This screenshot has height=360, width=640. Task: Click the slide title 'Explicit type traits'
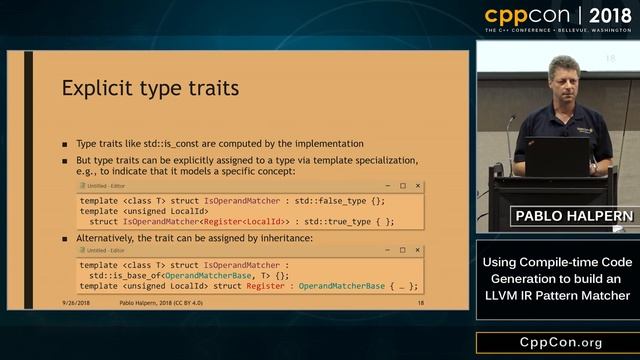click(150, 88)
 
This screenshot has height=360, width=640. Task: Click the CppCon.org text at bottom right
click(557, 343)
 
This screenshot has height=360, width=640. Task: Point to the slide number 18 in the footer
click(421, 302)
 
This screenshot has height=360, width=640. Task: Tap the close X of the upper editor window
click(418, 185)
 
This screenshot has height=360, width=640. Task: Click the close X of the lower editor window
click(418, 250)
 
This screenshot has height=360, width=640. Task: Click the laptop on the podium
click(556, 156)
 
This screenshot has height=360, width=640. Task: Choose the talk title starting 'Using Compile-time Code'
click(556, 278)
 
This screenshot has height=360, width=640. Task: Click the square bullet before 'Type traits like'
click(65, 144)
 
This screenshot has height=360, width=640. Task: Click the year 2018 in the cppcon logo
click(605, 16)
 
